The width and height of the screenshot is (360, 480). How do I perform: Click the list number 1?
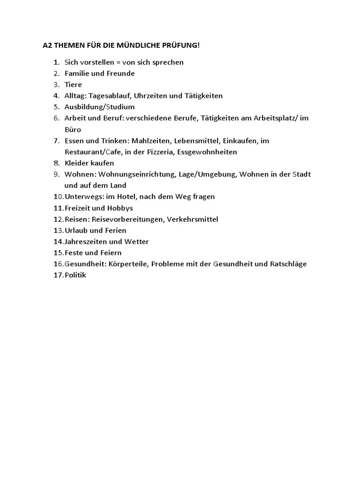pyautogui.click(x=56, y=62)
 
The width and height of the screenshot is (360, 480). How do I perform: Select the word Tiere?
pyautogui.click(x=73, y=84)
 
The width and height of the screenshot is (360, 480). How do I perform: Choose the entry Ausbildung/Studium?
pyautogui.click(x=99, y=107)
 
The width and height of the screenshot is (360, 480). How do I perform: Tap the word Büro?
pyautogui.click(x=73, y=129)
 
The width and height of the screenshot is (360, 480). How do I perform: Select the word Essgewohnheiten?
pyautogui.click(x=207, y=152)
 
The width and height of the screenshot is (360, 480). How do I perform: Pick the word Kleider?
pyautogui.click(x=76, y=163)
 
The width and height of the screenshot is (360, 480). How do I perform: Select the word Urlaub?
pyautogui.click(x=76, y=231)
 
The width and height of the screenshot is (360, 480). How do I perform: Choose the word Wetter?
pyautogui.click(x=136, y=242)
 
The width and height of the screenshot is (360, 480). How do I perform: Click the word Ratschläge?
pyautogui.click(x=288, y=264)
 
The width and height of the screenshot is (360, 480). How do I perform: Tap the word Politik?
pyautogui.click(x=75, y=276)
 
